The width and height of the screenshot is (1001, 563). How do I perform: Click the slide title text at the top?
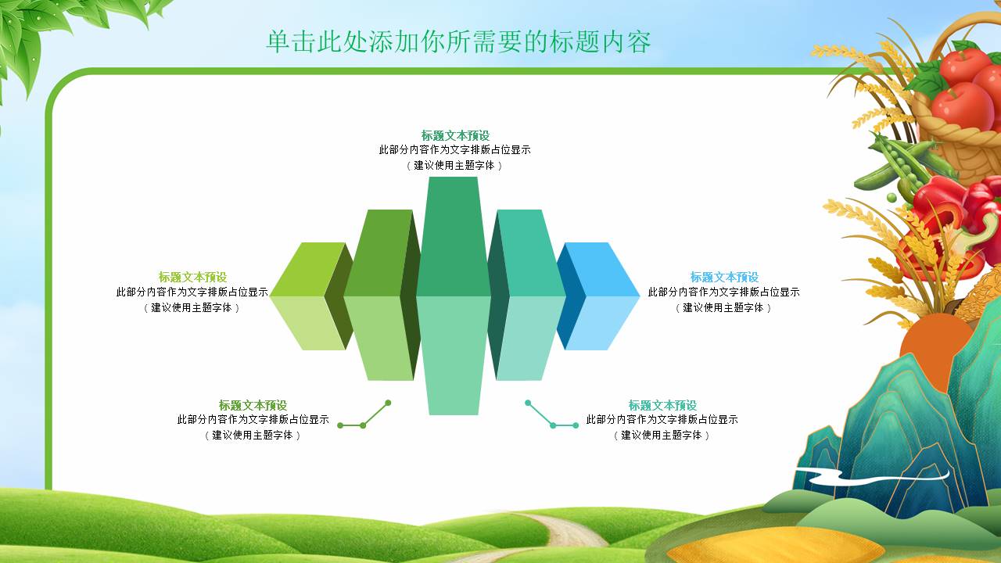(x=458, y=42)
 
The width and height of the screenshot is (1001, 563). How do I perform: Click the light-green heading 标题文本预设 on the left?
(x=192, y=277)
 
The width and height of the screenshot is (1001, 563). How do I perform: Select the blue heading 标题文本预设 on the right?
(x=724, y=277)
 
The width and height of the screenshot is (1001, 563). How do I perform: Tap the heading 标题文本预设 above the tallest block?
(x=455, y=135)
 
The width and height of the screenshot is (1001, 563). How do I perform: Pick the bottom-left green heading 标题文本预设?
(x=253, y=405)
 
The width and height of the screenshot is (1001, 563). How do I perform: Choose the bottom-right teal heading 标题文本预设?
(x=662, y=405)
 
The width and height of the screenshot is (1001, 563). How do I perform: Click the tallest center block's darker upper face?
(x=454, y=237)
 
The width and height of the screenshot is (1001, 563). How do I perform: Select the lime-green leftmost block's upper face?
(x=308, y=270)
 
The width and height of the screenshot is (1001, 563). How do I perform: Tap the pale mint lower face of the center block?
(x=454, y=355)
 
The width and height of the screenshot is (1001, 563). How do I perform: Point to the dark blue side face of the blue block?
(x=571, y=296)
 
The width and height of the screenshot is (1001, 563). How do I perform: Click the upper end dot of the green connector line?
(x=388, y=403)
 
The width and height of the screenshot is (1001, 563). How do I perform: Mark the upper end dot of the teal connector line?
(x=528, y=403)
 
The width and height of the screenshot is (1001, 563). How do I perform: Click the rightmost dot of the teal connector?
(x=576, y=425)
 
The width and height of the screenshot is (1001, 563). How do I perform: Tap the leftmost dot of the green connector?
(x=340, y=425)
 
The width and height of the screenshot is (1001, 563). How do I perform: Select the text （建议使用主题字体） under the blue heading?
(x=724, y=308)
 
